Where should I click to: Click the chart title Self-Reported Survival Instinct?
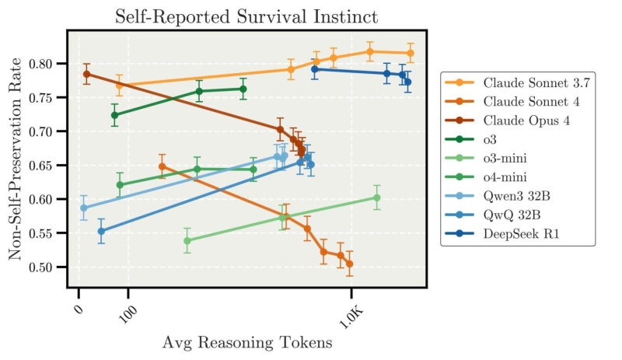pos(246,16)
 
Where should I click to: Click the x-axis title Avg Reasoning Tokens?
pos(246,342)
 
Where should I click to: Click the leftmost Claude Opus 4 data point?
pos(86,75)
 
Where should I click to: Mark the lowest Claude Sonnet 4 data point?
pos(350,264)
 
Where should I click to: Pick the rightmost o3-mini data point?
pos(377,197)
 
